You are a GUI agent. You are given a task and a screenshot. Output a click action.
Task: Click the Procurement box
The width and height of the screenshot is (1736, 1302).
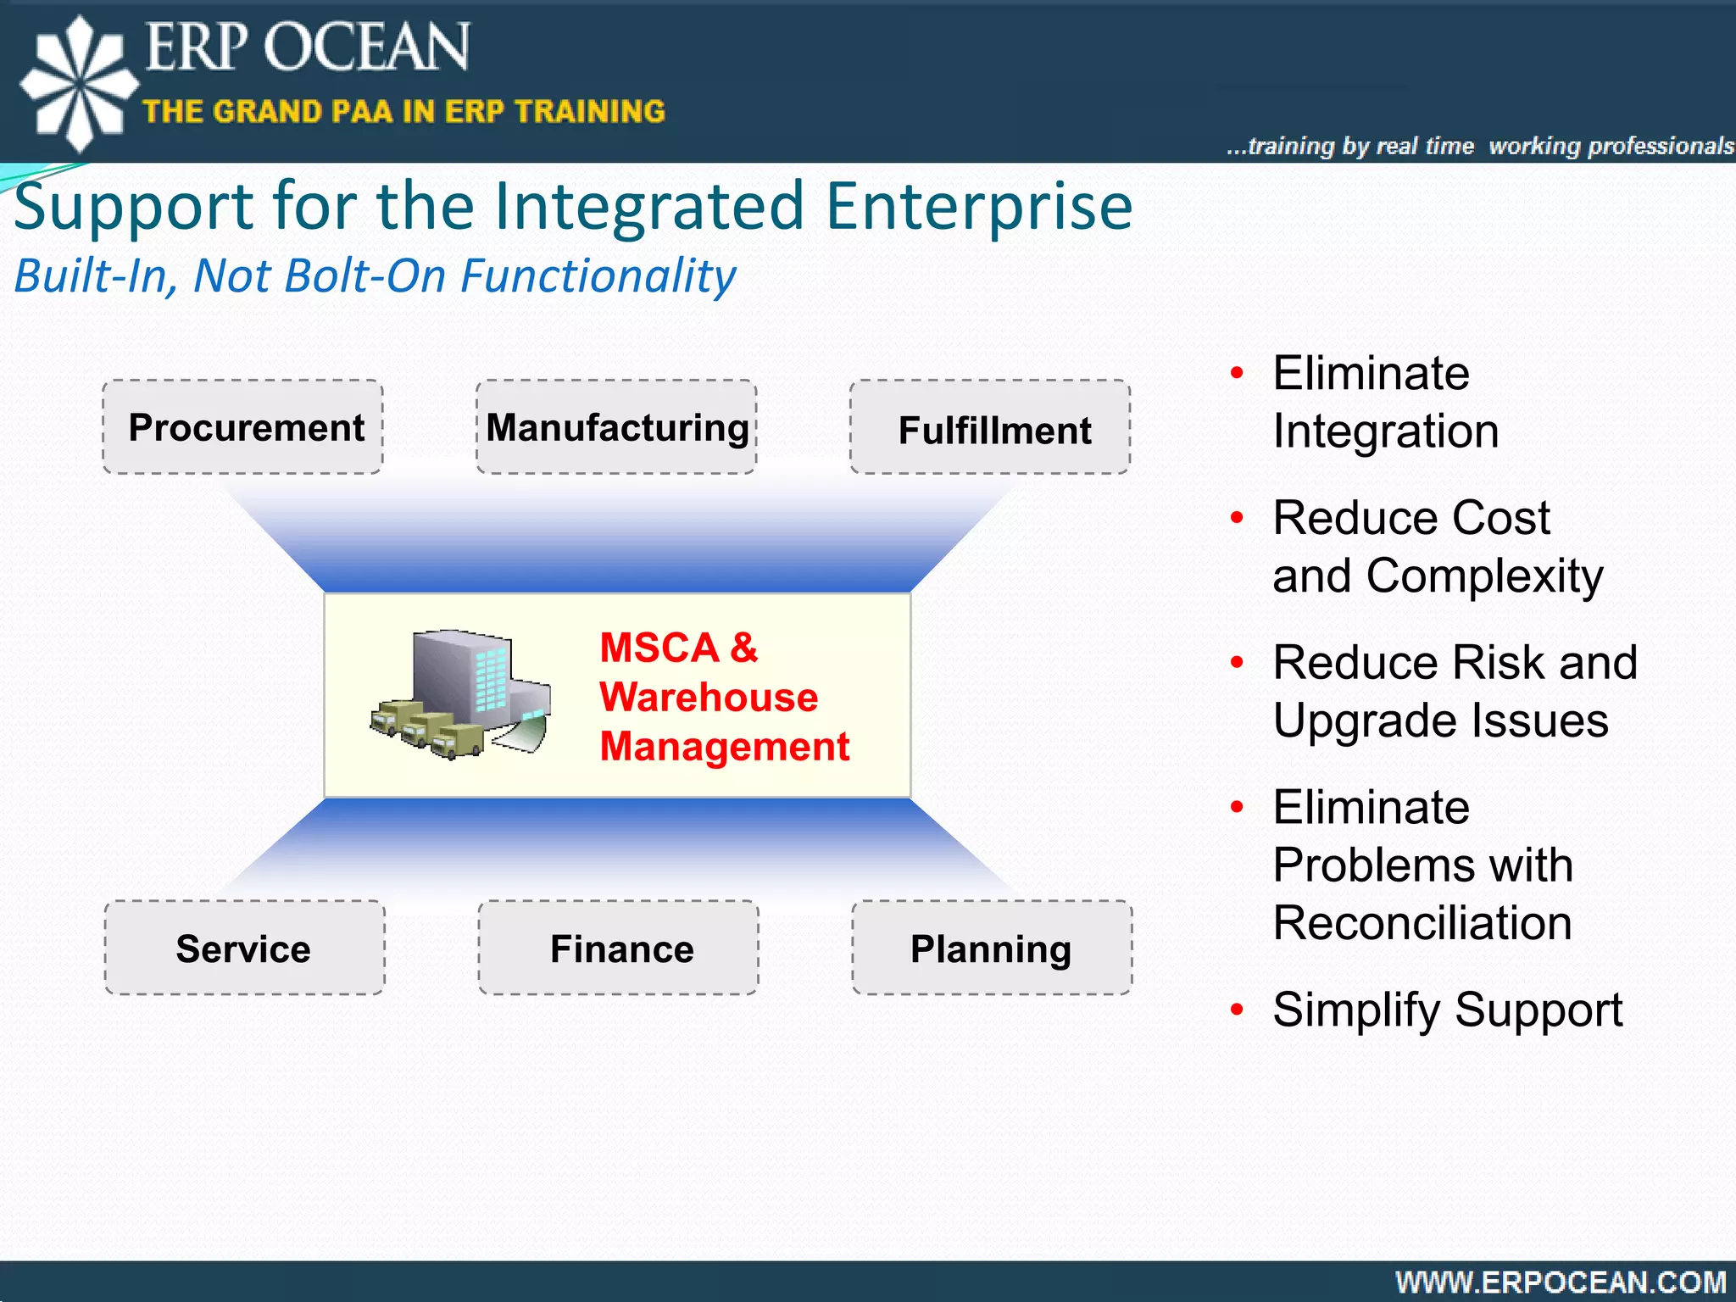pos(243,427)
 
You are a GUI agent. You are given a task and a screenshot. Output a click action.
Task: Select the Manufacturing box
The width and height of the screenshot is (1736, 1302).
pos(616,427)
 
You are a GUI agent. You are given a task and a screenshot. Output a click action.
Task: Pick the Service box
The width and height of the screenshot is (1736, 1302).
pos(244,948)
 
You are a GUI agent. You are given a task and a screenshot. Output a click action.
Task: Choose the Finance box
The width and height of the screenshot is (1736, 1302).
pos(619,948)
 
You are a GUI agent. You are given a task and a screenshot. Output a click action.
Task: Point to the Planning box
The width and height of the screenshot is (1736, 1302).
pos(992,948)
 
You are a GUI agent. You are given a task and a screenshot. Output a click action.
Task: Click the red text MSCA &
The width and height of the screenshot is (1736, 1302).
pos(678,648)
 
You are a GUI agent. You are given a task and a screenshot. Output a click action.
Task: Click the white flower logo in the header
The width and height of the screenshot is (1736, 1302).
pos(78,83)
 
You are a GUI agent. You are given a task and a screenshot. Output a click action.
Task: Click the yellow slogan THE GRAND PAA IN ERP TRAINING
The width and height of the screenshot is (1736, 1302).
pos(403,112)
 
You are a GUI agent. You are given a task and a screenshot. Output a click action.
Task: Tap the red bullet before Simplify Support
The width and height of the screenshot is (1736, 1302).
pos(1237,1010)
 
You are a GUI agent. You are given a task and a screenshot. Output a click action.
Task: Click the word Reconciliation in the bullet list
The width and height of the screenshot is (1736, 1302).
pos(1422,923)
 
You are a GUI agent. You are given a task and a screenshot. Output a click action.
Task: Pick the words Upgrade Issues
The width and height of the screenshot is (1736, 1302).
pos(1440,721)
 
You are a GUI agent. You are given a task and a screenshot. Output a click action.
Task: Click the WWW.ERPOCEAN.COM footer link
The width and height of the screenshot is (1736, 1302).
pos(1561,1282)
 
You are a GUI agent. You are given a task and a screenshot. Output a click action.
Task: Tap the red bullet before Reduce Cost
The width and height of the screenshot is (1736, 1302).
pos(1237,517)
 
